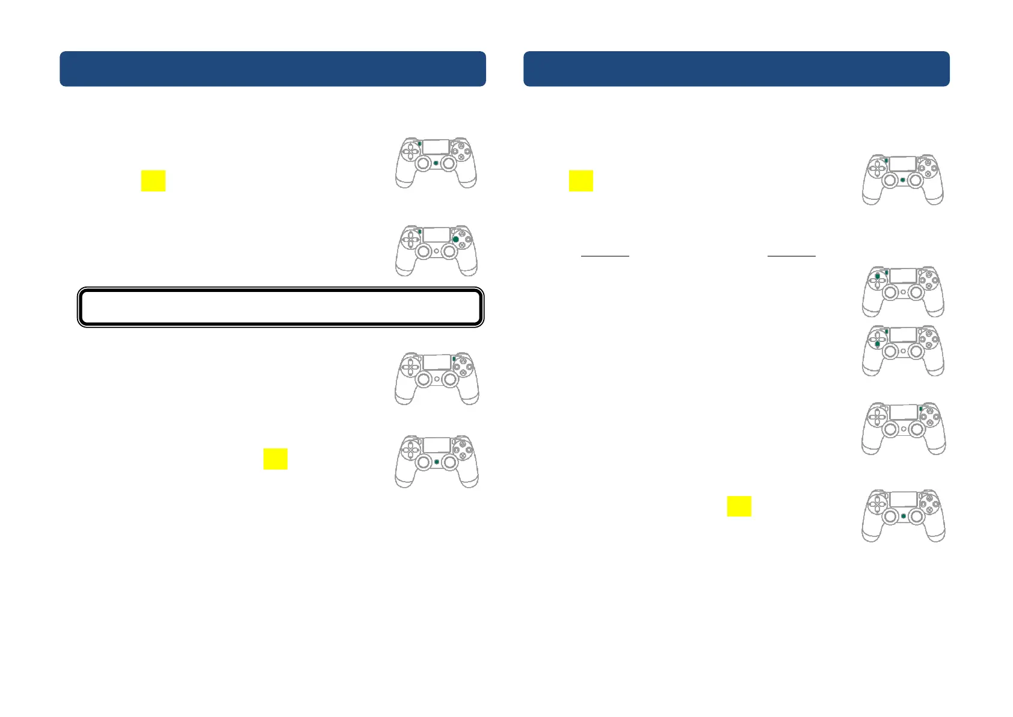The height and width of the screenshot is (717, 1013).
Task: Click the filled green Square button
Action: [x=456, y=240]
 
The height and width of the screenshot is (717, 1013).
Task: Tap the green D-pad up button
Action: [x=878, y=276]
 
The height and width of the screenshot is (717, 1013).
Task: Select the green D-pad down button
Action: [x=878, y=344]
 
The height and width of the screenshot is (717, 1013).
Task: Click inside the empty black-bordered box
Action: [x=280, y=307]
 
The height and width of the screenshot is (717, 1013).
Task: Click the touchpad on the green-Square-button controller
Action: [x=436, y=235]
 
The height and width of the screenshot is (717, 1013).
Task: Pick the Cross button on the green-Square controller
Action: [x=462, y=246]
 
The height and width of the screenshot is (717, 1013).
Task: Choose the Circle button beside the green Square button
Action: [x=469, y=240]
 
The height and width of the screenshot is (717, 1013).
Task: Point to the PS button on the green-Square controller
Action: [x=436, y=251]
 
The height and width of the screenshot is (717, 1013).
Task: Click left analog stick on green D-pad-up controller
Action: [x=890, y=293]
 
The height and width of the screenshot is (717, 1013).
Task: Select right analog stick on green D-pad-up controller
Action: [x=916, y=293]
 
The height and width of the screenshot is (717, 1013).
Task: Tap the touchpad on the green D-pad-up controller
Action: [x=903, y=276]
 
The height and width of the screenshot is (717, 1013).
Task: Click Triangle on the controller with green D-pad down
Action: [x=929, y=334]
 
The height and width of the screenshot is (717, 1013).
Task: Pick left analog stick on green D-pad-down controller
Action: [x=890, y=352]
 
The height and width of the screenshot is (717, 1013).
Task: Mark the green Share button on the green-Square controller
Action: [x=419, y=232]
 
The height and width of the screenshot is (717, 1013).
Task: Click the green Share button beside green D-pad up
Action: [x=886, y=273]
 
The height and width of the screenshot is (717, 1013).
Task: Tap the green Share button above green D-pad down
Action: [x=886, y=332]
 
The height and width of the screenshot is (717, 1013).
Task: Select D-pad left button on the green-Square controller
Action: [x=405, y=240]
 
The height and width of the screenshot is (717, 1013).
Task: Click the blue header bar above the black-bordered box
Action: [x=272, y=69]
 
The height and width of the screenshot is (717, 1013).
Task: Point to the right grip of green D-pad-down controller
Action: [x=934, y=367]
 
